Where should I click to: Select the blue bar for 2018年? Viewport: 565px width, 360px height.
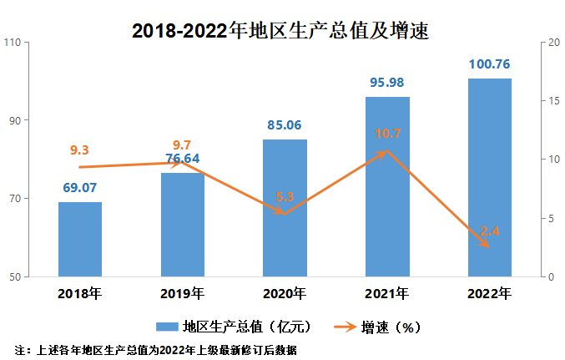(80, 239)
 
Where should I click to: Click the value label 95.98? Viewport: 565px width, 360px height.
(387, 84)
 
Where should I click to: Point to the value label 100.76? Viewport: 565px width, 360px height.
(489, 64)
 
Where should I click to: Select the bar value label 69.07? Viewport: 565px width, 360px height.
(80, 188)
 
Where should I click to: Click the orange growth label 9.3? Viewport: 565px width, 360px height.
(80, 150)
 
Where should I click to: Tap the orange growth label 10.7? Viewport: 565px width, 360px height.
(387, 134)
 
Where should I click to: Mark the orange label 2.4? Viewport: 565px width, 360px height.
(489, 231)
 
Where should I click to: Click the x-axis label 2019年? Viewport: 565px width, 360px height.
(182, 293)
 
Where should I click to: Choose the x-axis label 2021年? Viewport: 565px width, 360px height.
(387, 293)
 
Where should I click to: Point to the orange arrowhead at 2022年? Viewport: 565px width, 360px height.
(487, 245)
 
